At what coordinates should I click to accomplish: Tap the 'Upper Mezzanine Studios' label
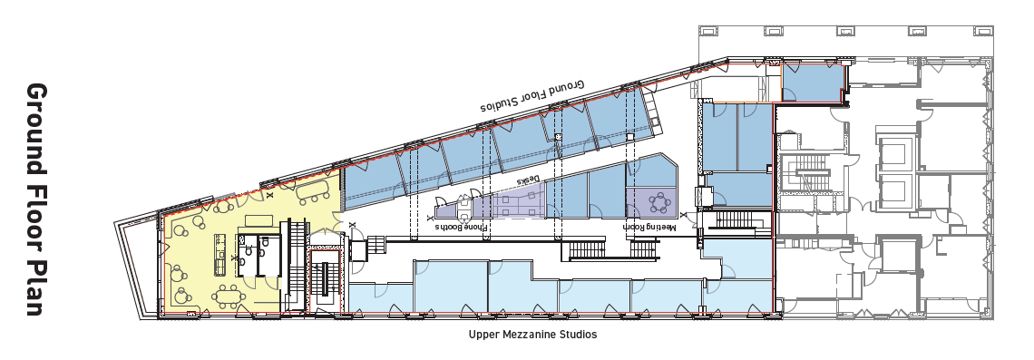pos(533,335)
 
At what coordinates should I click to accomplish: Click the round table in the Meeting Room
pos(664,199)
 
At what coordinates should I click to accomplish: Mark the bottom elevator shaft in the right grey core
pos(893,192)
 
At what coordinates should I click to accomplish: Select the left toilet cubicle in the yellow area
pos(247,258)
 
